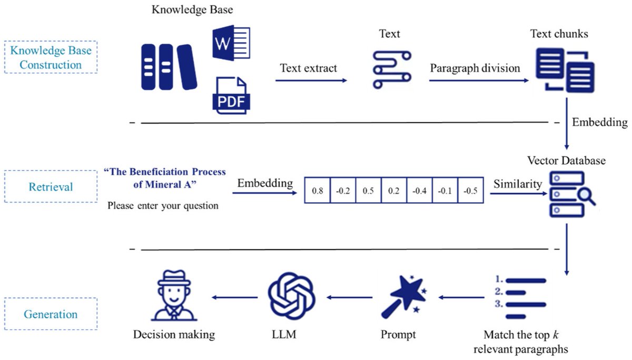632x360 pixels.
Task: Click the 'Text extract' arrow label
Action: [309, 68]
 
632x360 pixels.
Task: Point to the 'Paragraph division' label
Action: [475, 68]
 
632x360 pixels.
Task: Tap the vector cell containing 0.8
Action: [318, 191]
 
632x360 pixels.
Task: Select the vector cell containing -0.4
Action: [419, 191]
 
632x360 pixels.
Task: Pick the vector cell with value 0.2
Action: [393, 191]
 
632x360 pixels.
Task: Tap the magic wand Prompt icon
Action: [406, 297]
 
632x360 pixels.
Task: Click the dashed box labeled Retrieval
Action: [51, 186]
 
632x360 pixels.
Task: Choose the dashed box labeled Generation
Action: [51, 314]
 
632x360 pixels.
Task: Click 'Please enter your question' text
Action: [163, 206]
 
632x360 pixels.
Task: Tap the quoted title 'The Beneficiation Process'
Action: [165, 172]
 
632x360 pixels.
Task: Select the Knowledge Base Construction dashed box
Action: [51, 58]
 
